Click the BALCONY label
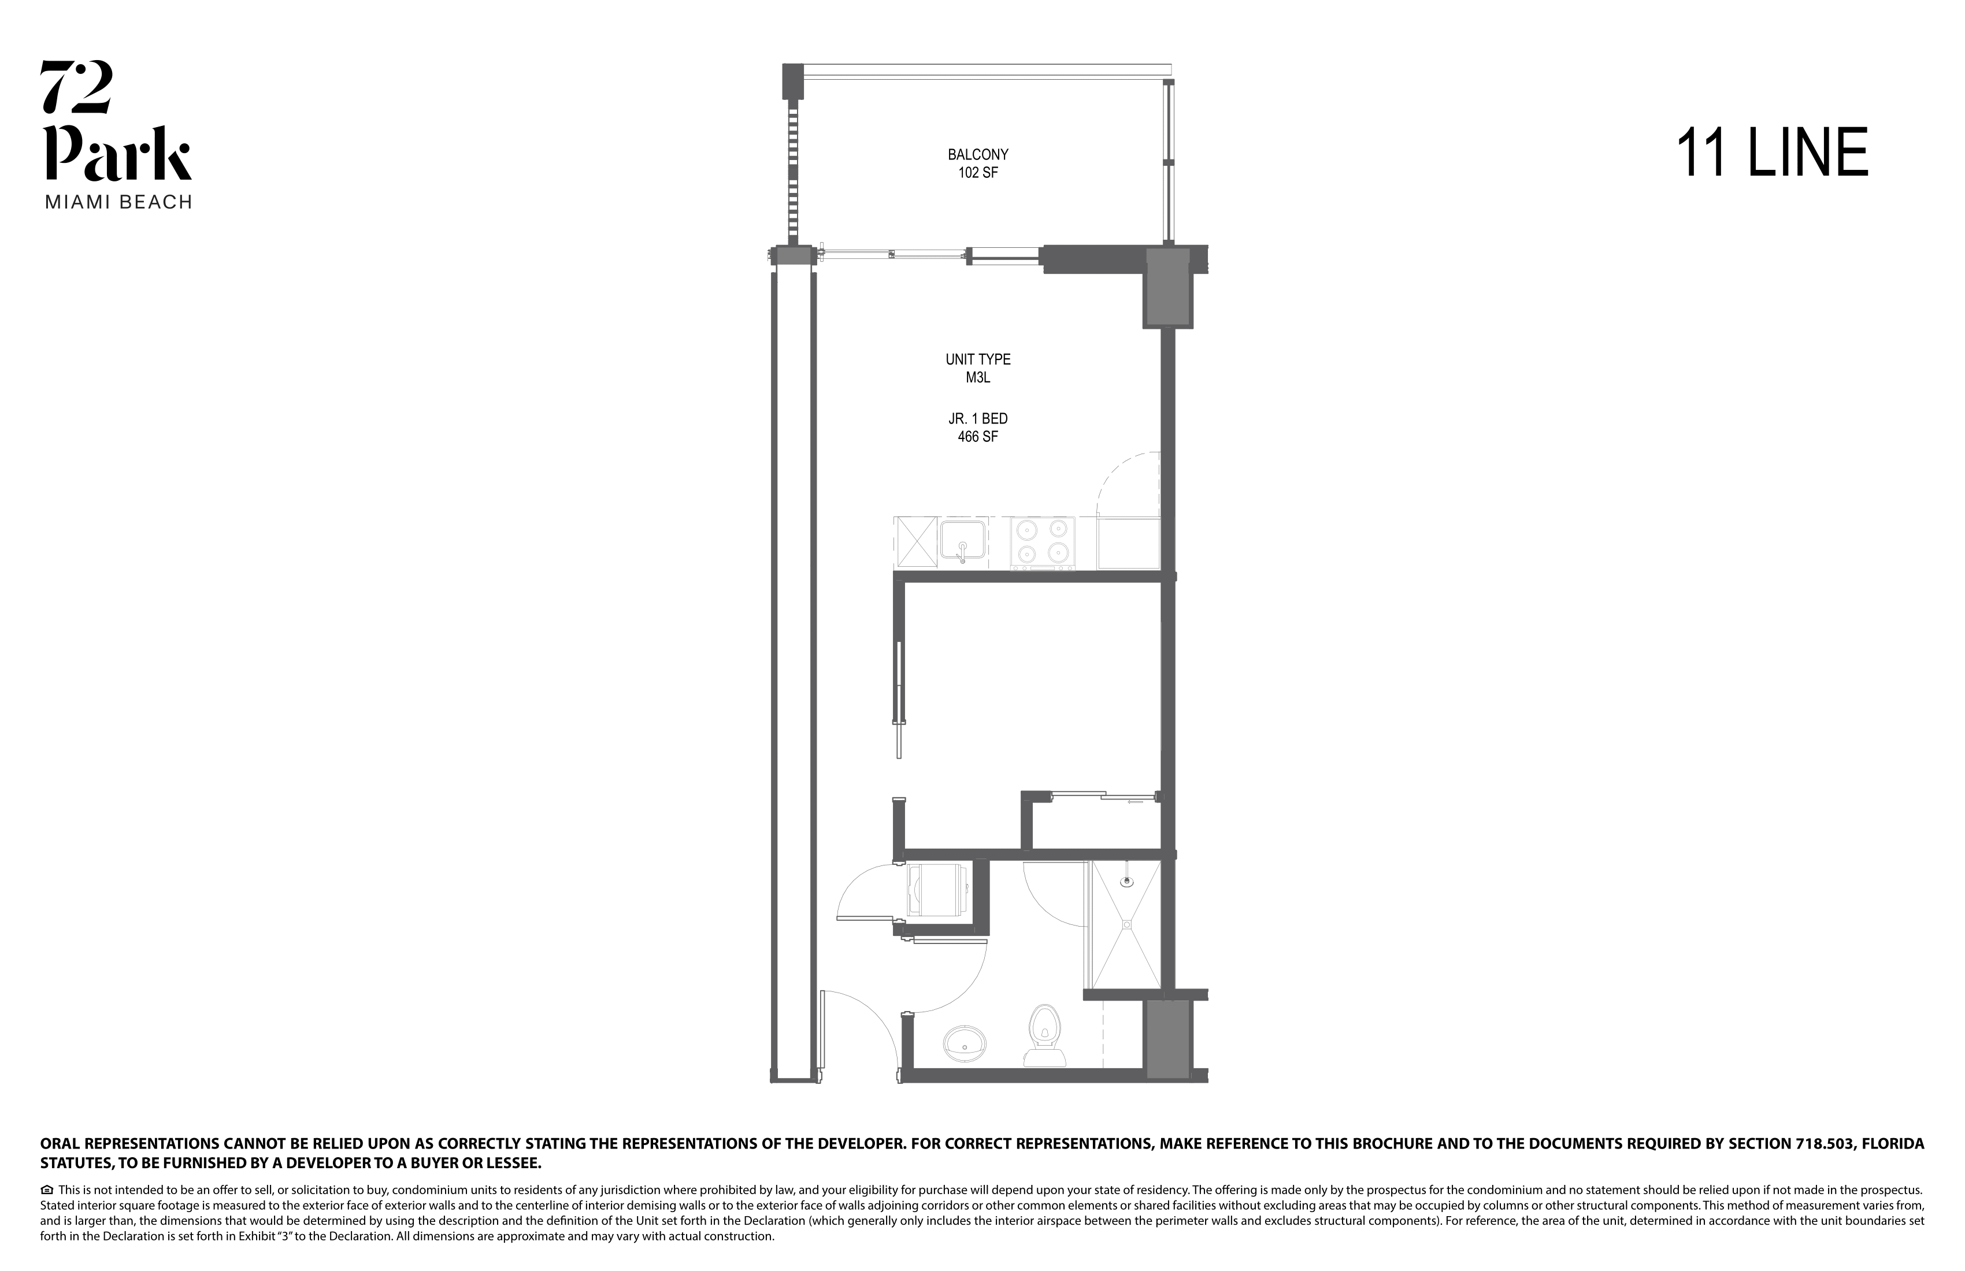977,154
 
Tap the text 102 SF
977,173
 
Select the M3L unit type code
977,378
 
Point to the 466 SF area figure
977,437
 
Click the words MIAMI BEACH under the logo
118,202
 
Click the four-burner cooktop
1043,542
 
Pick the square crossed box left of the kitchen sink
915,542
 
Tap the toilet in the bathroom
1044,1035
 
